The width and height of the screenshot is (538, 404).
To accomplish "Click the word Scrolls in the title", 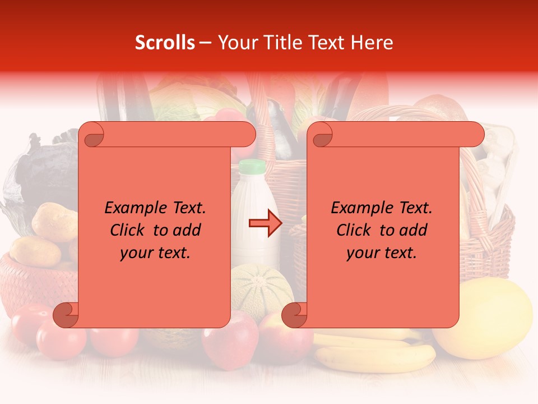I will (x=165, y=43).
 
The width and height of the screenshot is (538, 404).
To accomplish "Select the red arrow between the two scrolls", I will (x=265, y=223).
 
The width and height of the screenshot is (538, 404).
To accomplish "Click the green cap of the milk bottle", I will (x=252, y=166).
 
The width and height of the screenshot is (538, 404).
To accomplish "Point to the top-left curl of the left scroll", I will (x=92, y=135).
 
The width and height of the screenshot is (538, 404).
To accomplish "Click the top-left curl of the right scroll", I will (x=321, y=135).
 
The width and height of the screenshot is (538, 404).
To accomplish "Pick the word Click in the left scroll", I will (x=128, y=230).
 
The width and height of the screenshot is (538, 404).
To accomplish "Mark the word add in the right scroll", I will (x=414, y=230).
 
